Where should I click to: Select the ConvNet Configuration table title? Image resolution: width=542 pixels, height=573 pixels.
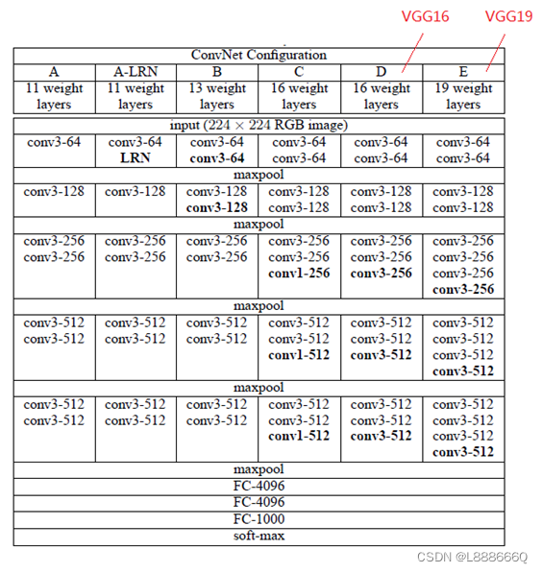click(x=259, y=55)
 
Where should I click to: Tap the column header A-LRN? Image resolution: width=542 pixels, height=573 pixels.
click(x=135, y=71)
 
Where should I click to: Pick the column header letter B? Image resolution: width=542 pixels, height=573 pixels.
click(x=217, y=71)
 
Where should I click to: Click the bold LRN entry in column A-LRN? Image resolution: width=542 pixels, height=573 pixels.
click(x=135, y=157)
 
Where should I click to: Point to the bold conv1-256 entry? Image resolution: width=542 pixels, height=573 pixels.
click(x=299, y=274)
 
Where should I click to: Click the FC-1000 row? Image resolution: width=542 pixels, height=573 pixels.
click(x=259, y=518)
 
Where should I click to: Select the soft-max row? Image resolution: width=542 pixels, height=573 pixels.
click(x=259, y=536)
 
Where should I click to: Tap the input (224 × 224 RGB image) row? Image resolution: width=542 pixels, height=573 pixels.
click(x=259, y=125)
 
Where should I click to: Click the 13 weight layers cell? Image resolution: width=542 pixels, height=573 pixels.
click(x=217, y=96)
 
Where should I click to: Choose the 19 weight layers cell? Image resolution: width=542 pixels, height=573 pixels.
click(x=463, y=96)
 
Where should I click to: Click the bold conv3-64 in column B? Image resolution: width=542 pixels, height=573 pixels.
click(x=217, y=157)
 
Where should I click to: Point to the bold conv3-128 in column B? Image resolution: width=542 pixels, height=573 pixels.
click(x=217, y=207)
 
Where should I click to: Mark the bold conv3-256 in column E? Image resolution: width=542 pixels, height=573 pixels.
click(x=463, y=289)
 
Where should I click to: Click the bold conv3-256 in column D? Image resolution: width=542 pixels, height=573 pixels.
click(x=382, y=274)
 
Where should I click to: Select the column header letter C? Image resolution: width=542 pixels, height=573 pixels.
click(x=299, y=71)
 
